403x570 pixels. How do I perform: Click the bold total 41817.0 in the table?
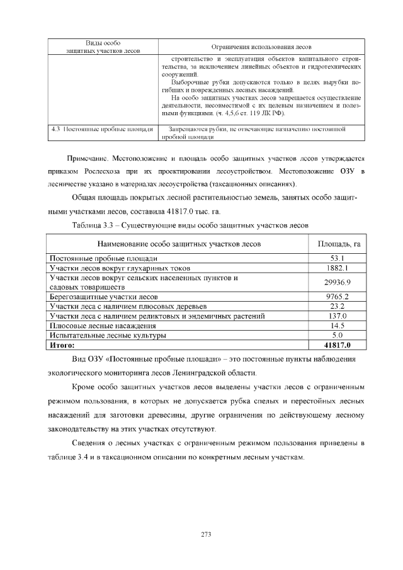pyautogui.click(x=337, y=345)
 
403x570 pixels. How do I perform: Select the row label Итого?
pyautogui.click(x=62, y=345)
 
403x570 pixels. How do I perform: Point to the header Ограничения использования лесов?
pyautogui.click(x=261, y=47)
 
